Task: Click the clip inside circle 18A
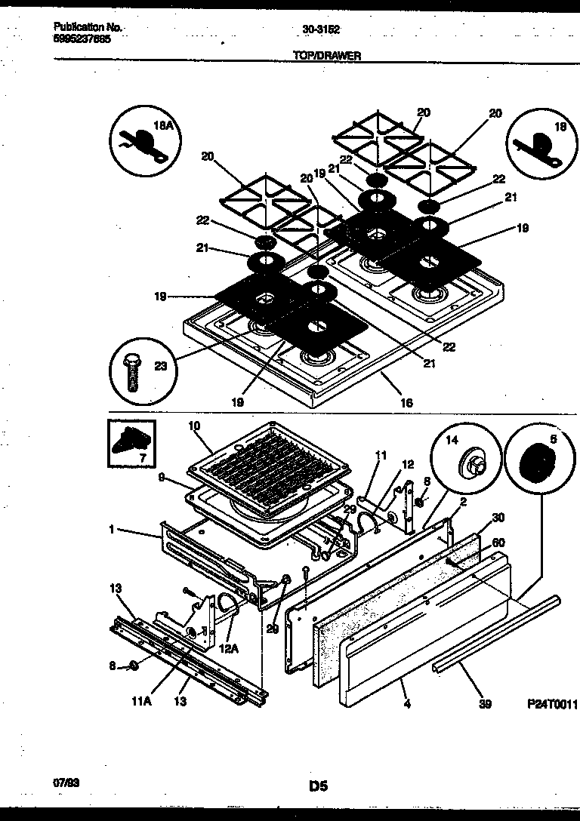143,142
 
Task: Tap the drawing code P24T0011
552,705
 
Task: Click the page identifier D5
318,786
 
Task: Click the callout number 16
406,403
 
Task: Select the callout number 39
485,705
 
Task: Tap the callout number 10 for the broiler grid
194,426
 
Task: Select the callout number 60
498,543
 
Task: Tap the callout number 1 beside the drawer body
111,530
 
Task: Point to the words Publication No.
88,27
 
